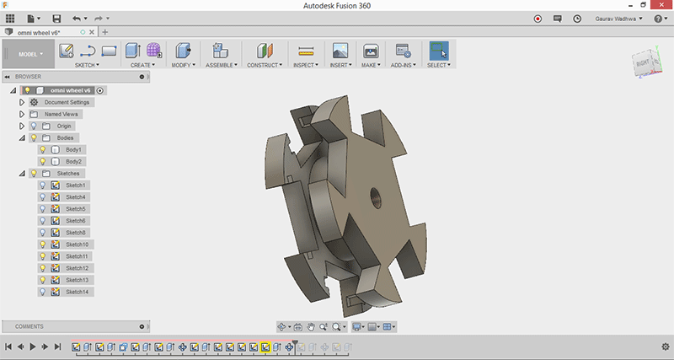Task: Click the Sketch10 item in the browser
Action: point(77,244)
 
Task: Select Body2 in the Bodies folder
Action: point(73,162)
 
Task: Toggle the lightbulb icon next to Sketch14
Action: point(43,292)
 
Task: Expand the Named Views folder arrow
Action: point(22,114)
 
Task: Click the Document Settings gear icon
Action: point(34,102)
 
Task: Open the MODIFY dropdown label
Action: point(184,65)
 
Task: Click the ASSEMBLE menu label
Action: point(222,65)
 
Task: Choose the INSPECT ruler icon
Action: point(306,51)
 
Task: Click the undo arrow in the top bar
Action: point(77,19)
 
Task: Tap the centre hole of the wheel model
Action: point(376,198)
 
